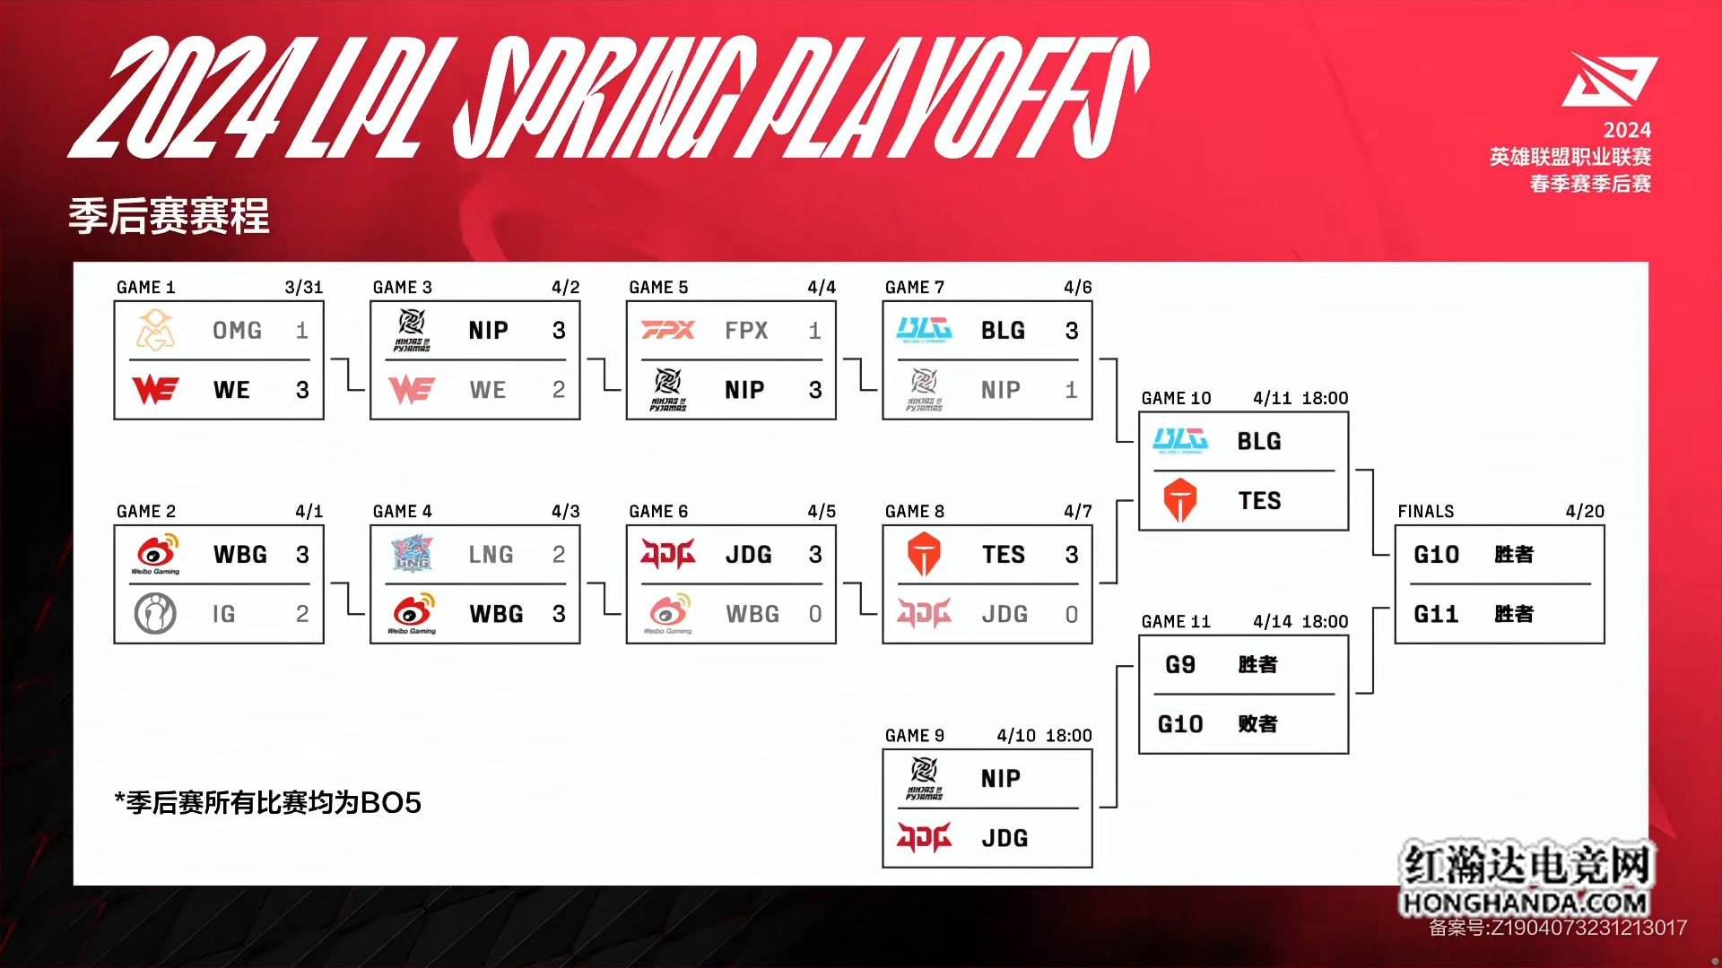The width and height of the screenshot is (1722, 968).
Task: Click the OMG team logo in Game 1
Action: [155, 330]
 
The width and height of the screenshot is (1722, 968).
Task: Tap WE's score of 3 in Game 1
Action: [302, 390]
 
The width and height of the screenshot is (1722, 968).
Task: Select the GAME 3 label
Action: [402, 287]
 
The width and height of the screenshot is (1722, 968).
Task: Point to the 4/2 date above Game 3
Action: [565, 287]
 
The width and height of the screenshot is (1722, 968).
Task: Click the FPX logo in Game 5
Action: [668, 330]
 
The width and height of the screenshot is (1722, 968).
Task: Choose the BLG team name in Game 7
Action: [1003, 331]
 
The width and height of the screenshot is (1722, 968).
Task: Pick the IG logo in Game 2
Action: [155, 614]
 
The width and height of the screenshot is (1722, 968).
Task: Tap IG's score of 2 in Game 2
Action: [302, 614]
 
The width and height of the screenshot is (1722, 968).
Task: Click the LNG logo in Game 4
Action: [413, 554]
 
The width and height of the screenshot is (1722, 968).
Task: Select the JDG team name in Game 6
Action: [749, 555]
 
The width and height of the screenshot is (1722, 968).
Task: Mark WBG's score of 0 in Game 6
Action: [815, 614]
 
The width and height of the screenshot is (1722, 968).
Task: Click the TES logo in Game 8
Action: [924, 554]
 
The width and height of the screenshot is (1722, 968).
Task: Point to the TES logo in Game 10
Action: [1180, 500]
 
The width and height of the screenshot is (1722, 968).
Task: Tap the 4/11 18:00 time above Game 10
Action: [1300, 398]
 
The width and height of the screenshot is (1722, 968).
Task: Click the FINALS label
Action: [1426, 511]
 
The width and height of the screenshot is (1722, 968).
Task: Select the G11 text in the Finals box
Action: [1436, 614]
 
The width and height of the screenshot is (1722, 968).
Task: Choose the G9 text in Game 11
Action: [1180, 665]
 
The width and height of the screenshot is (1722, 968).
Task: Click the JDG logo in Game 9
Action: [925, 837]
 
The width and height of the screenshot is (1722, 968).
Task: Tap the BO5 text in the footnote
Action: [390, 802]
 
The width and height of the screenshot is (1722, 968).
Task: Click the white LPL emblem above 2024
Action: [1610, 79]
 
